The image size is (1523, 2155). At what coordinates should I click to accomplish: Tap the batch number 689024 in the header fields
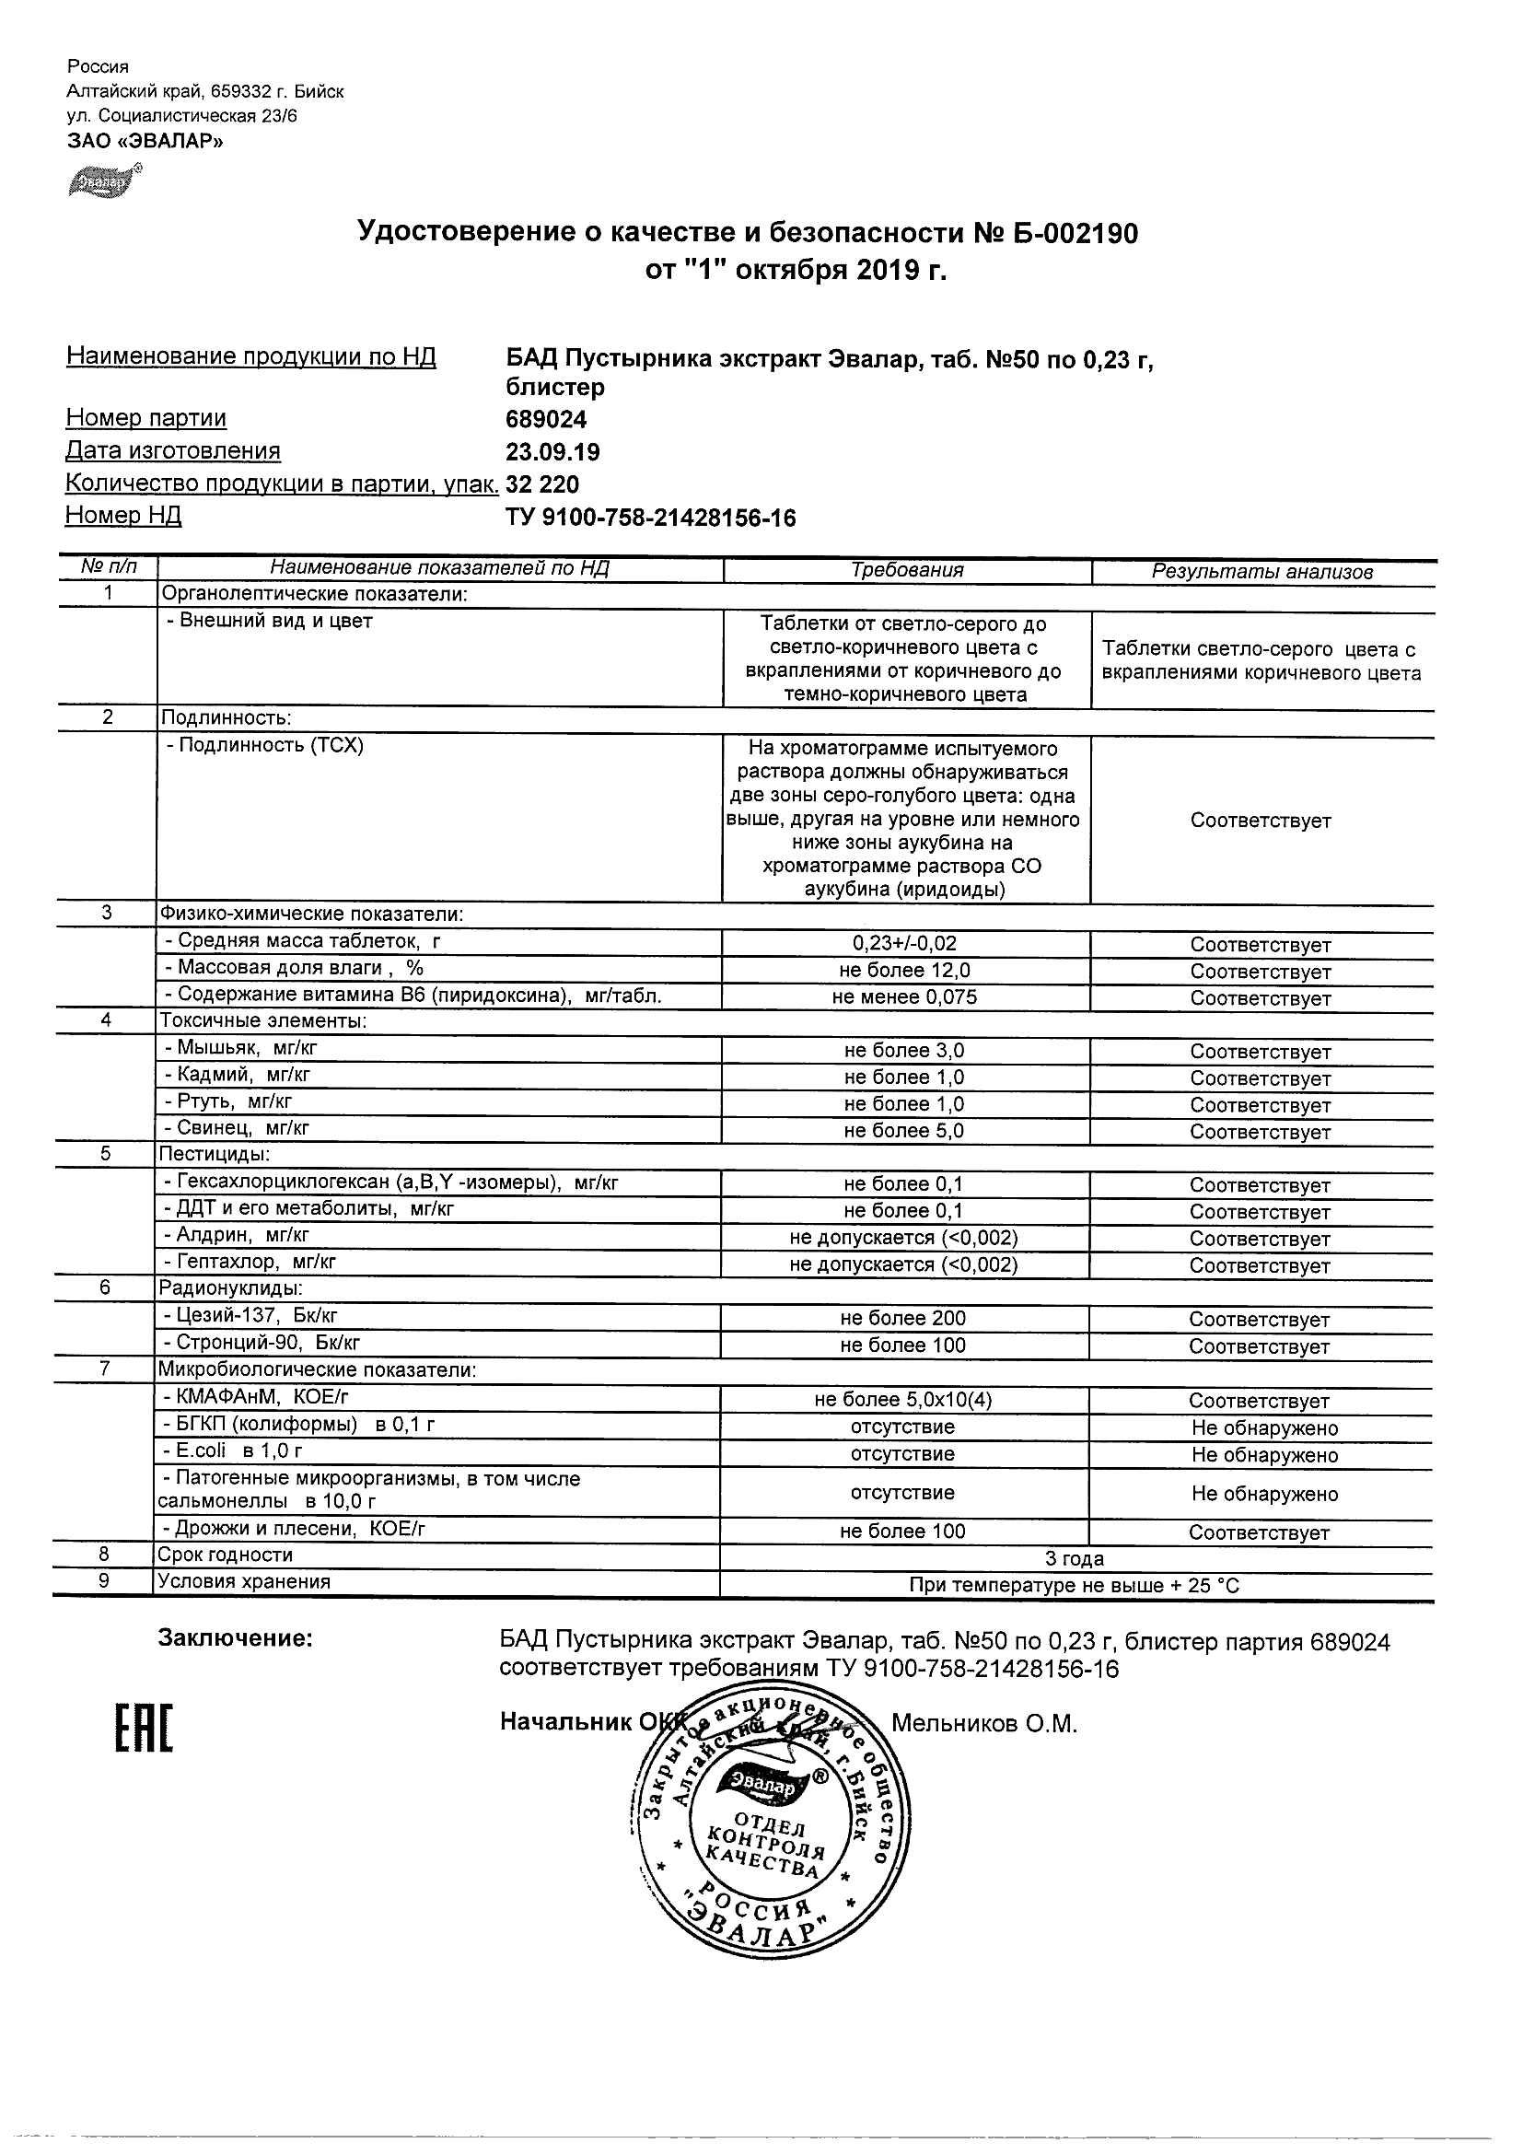(546, 420)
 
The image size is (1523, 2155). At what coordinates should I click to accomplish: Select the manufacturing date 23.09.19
(552, 452)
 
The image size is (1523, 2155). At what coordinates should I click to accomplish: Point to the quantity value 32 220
(542, 484)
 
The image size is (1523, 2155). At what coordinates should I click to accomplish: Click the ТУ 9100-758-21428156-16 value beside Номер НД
(650, 518)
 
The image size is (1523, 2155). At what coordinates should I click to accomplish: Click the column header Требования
(906, 571)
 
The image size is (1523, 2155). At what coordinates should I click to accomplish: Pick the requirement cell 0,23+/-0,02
(904, 944)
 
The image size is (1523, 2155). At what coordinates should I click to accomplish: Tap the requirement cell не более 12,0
(904, 971)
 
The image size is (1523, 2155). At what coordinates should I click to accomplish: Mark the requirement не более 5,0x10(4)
(902, 1401)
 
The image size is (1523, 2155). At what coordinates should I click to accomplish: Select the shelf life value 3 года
(1075, 1559)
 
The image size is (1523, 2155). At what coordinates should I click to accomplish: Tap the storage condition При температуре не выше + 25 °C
(1075, 1586)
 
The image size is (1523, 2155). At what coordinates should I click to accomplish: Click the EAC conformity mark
(144, 1728)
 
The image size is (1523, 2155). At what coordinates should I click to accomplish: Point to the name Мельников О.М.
(983, 1724)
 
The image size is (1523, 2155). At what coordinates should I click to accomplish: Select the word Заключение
(235, 1638)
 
